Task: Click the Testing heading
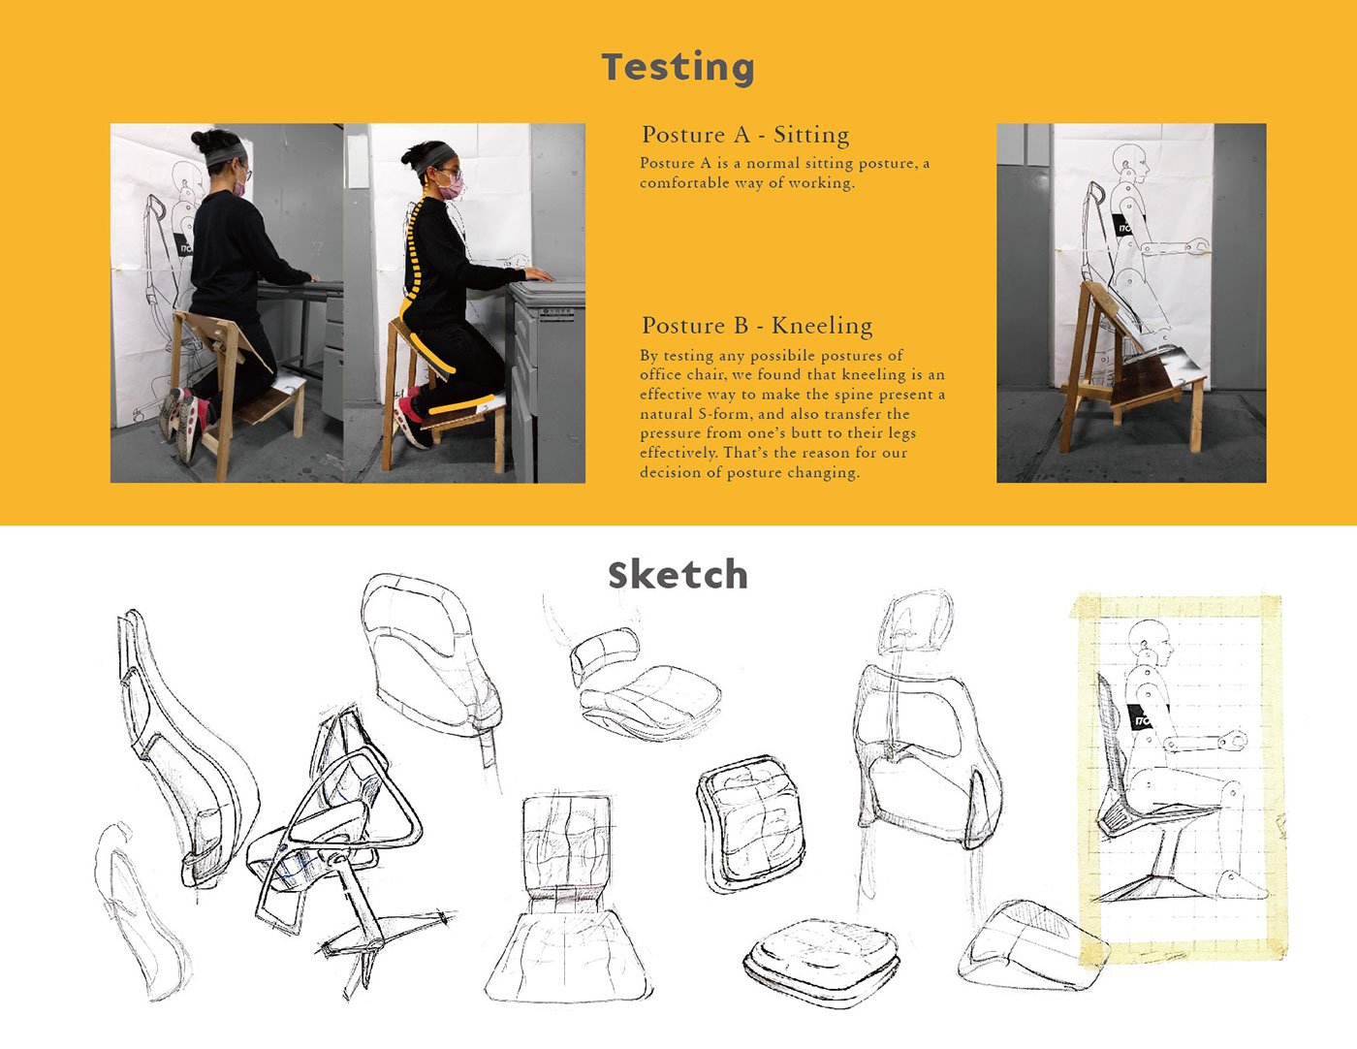(678, 68)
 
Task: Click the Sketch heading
(678, 575)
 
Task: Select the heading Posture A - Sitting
(745, 135)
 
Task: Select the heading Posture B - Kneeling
(758, 326)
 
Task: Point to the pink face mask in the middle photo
(451, 186)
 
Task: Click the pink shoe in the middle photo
(410, 417)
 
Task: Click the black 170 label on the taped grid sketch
(1141, 717)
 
